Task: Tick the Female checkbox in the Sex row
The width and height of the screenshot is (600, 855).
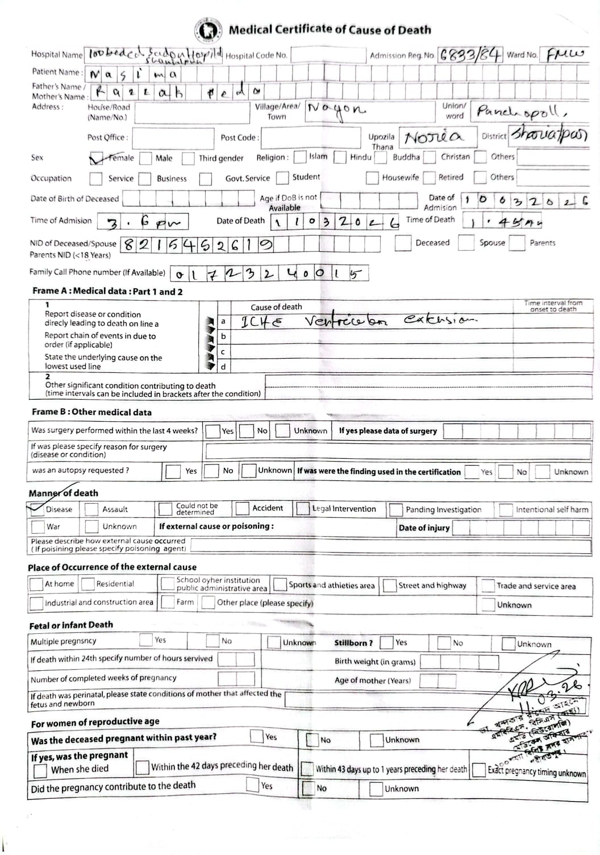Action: pos(96,159)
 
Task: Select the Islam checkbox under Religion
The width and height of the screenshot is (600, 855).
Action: pos(299,157)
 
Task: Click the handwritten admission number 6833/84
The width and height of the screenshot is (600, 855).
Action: pos(470,55)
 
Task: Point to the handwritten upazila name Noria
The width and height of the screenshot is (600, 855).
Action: pos(434,137)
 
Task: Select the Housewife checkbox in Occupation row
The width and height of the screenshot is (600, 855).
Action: pos(372,178)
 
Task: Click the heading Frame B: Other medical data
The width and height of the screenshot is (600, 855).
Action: pos(91,412)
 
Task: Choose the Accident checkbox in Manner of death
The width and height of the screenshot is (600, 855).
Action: pos(243,508)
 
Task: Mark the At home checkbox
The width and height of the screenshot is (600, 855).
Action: pos(36,584)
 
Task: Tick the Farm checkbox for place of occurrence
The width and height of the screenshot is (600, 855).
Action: pos(167,602)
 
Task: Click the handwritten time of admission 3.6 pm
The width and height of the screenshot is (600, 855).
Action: pos(142,222)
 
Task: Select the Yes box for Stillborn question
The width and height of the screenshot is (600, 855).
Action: pos(386,643)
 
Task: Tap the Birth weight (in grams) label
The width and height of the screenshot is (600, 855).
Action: pos(374,662)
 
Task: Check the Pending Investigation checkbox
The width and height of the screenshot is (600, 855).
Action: pos(395,509)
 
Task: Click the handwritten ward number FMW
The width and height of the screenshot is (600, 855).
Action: pos(565,55)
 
